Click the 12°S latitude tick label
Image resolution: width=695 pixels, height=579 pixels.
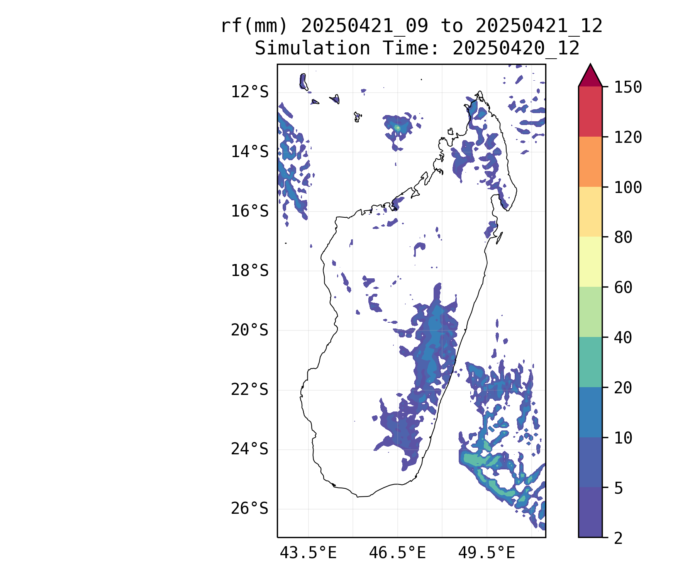coord(249,92)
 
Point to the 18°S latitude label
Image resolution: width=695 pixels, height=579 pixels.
coord(249,271)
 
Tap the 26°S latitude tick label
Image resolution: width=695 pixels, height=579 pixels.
coord(249,509)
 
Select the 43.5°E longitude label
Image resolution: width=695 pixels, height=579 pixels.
coord(308,553)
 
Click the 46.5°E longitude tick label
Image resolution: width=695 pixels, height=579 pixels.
coord(397,553)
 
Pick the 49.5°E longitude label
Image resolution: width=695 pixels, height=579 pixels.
coord(486,553)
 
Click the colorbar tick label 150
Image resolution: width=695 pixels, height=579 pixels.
coord(628,87)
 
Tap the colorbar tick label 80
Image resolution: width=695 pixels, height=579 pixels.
coord(624,237)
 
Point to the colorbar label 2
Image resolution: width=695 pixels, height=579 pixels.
coord(619,538)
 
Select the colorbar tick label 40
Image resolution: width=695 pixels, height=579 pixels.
coord(624,338)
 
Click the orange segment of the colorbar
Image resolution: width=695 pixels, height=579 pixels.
coord(590,162)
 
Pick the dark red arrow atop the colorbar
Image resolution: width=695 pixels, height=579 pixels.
coord(590,76)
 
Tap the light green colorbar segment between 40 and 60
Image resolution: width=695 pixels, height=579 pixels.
coord(590,312)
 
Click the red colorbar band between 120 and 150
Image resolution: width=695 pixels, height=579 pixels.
coord(590,112)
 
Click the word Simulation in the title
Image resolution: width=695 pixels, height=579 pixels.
coord(313,48)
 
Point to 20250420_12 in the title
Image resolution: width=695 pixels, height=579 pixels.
coord(516,48)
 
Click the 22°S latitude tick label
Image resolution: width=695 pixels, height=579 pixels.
coord(249,390)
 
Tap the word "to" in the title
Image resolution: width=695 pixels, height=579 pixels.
coord(452,26)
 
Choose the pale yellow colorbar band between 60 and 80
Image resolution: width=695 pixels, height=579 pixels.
coord(590,262)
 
